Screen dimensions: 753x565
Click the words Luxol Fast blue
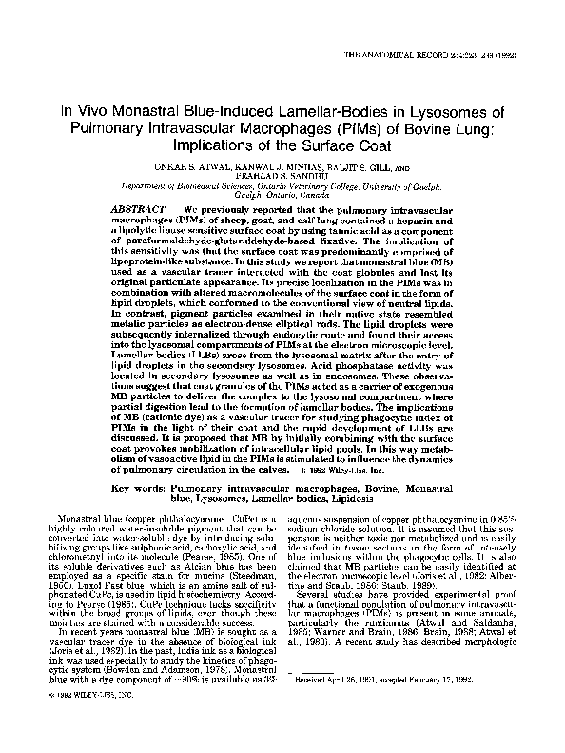[114, 586]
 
